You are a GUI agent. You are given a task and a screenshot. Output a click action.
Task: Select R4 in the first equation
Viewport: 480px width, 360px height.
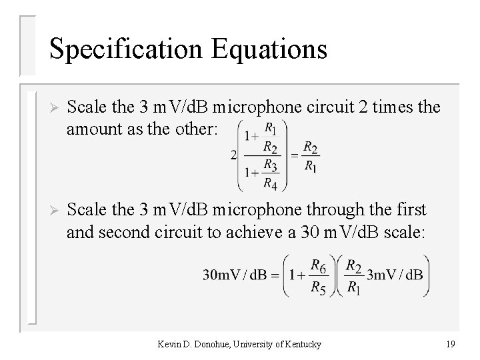(269, 183)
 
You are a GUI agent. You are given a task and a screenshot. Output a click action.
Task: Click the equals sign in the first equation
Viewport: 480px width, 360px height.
(294, 155)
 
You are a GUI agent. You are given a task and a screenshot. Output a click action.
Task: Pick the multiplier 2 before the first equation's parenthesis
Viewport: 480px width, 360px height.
(233, 155)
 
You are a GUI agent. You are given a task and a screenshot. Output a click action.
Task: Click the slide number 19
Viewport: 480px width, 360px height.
(450, 344)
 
